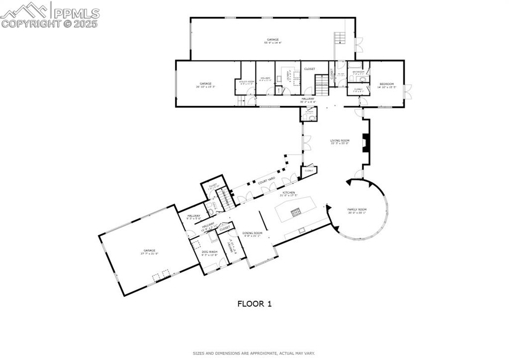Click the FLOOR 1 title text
(254, 303)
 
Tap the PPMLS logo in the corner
(50, 15)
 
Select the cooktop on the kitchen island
(296, 213)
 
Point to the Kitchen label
(288, 192)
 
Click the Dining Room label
(252, 233)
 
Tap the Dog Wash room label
(209, 252)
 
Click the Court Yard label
(266, 180)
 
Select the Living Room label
(340, 141)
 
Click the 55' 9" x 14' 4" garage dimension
(272, 43)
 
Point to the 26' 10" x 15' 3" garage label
(206, 87)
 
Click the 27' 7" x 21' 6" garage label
(150, 253)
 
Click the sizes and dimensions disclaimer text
(254, 354)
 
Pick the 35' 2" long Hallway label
(308, 100)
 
